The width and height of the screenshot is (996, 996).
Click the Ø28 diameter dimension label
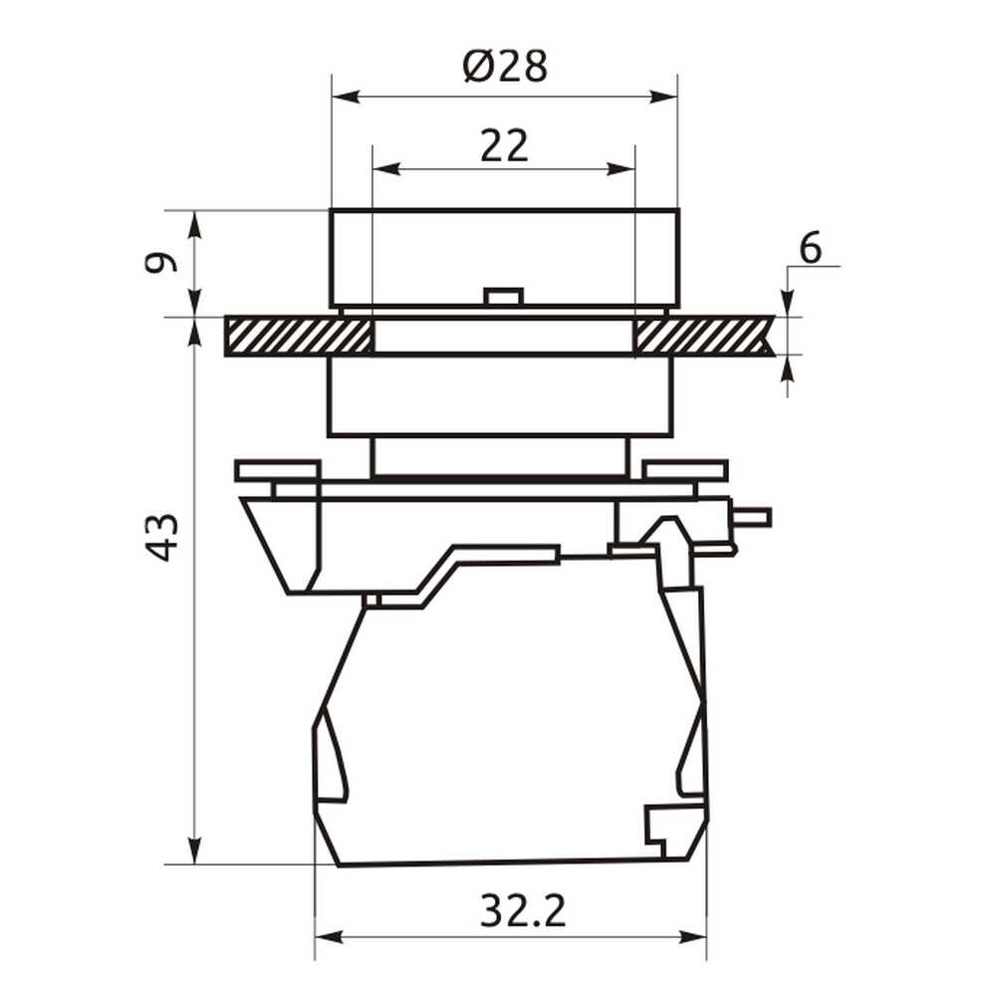coord(505,66)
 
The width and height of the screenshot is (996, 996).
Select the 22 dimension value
coord(504,145)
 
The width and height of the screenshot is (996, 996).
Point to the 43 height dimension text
coord(161,538)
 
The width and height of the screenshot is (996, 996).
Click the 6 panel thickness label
coord(810,247)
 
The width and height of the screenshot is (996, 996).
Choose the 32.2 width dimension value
coord(522,911)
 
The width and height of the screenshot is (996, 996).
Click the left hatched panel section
coord(298,336)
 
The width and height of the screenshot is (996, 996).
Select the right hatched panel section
coord(704,336)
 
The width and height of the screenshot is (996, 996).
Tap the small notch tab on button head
coord(503,297)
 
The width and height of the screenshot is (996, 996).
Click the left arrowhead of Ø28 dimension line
coord(347,97)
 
